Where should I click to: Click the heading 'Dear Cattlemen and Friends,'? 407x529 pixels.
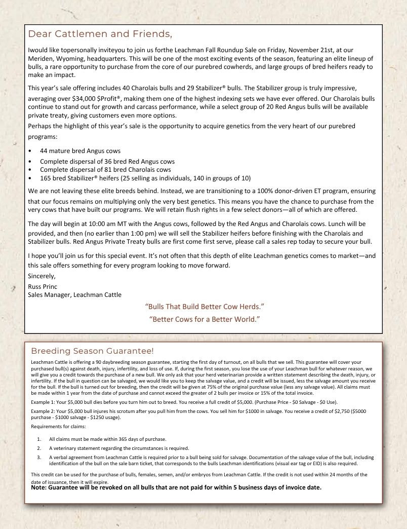coord(100,34)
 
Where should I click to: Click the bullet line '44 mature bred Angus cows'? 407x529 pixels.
coord(80,151)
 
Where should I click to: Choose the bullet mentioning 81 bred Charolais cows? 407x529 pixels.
coord(105,170)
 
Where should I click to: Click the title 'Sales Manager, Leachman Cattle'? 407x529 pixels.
coord(74,294)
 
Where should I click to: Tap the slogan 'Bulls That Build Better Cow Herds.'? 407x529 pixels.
coord(205,307)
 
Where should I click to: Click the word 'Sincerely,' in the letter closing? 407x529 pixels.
coord(43,277)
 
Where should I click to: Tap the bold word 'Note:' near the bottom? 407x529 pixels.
coord(38,487)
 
